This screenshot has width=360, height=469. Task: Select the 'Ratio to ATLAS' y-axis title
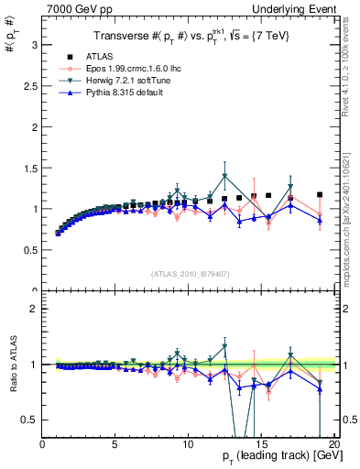(x=12, y=366)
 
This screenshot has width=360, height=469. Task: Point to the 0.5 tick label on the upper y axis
(x=32, y=250)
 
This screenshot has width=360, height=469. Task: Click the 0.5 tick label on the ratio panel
(x=32, y=420)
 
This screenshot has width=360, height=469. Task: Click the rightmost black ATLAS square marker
(x=319, y=194)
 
